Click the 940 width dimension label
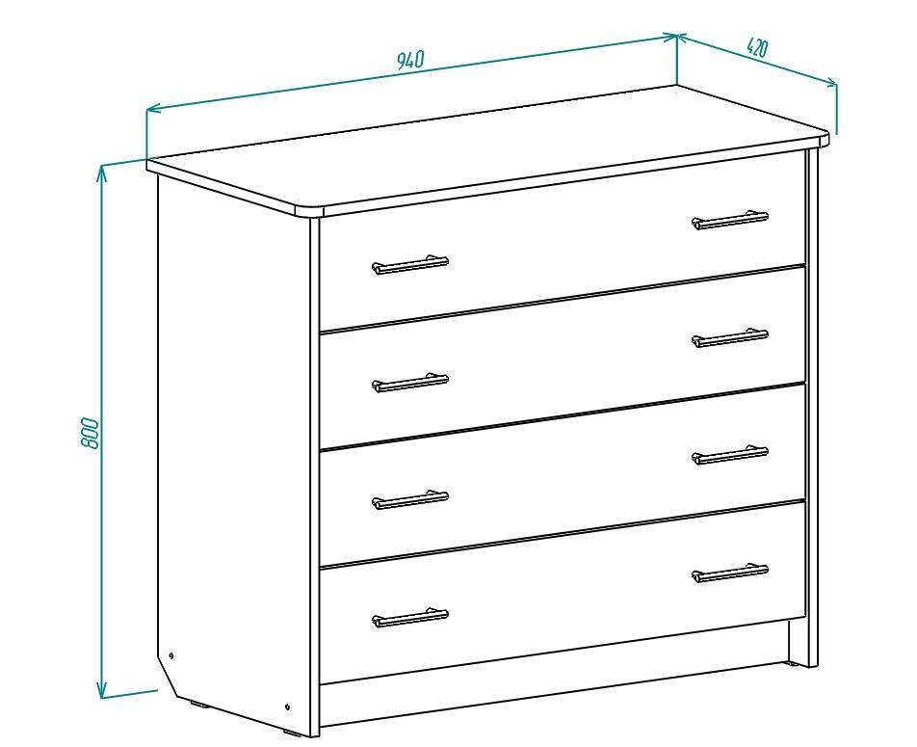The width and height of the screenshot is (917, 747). click(410, 60)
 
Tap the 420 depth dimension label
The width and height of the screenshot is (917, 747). click(757, 47)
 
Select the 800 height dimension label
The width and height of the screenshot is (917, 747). click(90, 433)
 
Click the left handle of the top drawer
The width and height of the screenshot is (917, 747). click(410, 265)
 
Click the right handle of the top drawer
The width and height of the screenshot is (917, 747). click(730, 220)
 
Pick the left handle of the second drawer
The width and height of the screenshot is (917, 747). click(410, 383)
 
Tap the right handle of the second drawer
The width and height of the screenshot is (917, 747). click(730, 337)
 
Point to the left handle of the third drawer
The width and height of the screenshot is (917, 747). click(410, 500)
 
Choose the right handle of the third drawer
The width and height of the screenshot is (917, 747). click(730, 455)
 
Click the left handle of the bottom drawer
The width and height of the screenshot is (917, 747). click(410, 618)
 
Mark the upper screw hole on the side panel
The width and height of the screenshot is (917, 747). click(170, 655)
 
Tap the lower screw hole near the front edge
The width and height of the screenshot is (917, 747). click(288, 706)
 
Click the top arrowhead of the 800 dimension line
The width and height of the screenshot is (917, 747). click(102, 172)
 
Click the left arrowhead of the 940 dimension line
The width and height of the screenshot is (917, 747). click(152, 109)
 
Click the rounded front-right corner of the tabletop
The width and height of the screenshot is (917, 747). click(824, 141)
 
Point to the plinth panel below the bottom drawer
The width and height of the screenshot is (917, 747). click(555, 655)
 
